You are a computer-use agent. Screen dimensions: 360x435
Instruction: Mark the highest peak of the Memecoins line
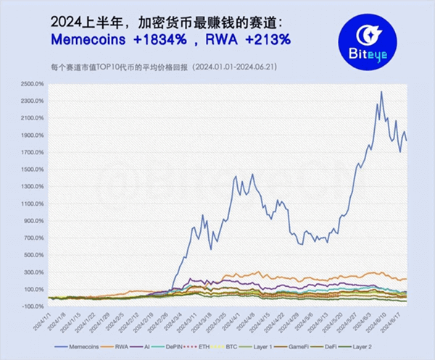381,92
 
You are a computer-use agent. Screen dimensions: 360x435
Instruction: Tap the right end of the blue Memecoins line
406,141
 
